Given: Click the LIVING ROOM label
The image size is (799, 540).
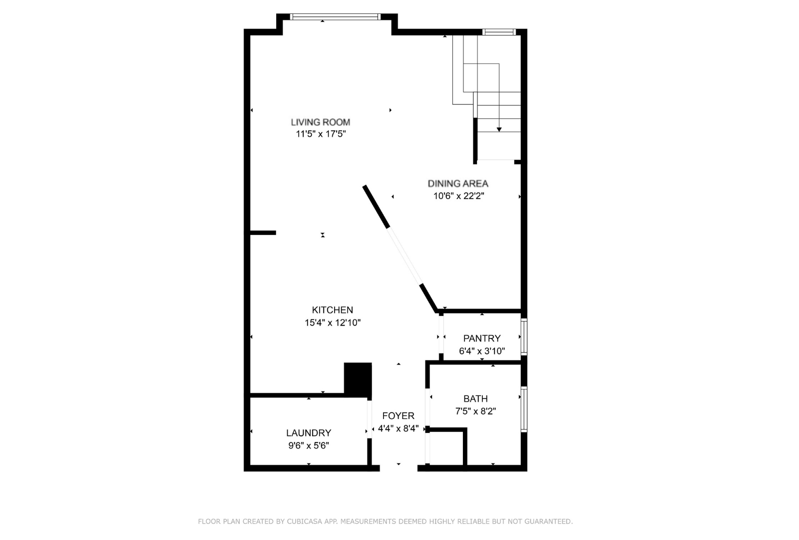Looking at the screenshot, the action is pyautogui.click(x=320, y=122).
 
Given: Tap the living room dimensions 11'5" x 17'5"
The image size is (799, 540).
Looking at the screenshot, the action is pyautogui.click(x=321, y=134).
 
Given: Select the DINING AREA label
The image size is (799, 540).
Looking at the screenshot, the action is pyautogui.click(x=457, y=183).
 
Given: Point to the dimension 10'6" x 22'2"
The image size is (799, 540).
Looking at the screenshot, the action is pyautogui.click(x=458, y=195).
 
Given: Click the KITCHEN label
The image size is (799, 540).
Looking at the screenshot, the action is pyautogui.click(x=333, y=310).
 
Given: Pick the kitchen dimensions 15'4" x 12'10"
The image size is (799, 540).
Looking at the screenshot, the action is pyautogui.click(x=333, y=322).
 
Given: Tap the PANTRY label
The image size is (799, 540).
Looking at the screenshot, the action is pyautogui.click(x=482, y=338).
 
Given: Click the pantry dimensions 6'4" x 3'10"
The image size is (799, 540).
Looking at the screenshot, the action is pyautogui.click(x=482, y=351).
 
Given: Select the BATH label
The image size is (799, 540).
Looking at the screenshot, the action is pyautogui.click(x=475, y=398).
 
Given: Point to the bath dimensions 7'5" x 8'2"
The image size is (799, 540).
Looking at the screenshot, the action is pyautogui.click(x=475, y=411).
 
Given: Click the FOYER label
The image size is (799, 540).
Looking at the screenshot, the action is pyautogui.click(x=399, y=415).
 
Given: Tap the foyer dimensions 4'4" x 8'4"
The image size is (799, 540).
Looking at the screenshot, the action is pyautogui.click(x=399, y=428).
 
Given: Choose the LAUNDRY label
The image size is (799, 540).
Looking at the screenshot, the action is pyautogui.click(x=309, y=433).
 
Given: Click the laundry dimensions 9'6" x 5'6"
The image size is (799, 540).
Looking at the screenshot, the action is pyautogui.click(x=309, y=445).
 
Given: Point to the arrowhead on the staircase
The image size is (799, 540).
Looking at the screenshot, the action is pyautogui.click(x=499, y=129).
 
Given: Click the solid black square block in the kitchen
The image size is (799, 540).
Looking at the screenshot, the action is pyautogui.click(x=358, y=378).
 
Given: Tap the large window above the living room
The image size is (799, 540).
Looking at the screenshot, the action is pyautogui.click(x=335, y=17).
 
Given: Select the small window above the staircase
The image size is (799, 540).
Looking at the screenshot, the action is pyautogui.click(x=499, y=32).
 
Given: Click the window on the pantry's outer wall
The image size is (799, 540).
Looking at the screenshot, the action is pyautogui.click(x=524, y=337).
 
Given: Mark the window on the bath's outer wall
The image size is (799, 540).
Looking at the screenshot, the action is pyautogui.click(x=524, y=409).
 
